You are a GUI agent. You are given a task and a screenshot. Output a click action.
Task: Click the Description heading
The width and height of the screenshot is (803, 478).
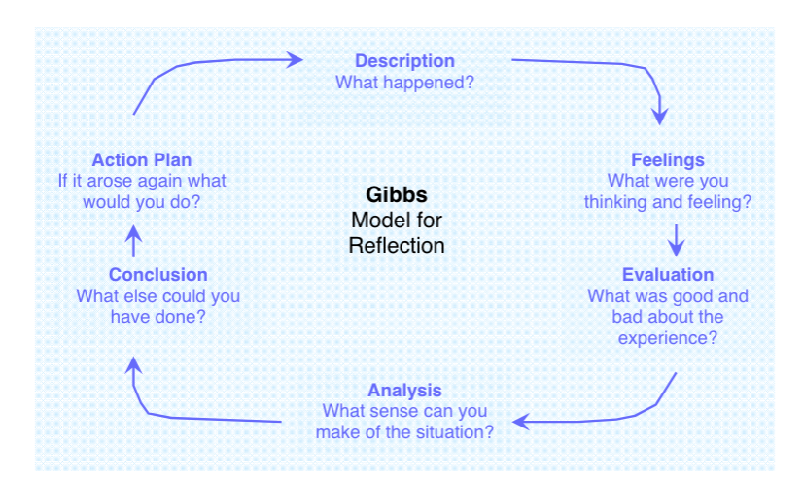click(404, 61)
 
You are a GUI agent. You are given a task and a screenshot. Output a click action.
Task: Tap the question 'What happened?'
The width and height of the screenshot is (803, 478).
click(404, 83)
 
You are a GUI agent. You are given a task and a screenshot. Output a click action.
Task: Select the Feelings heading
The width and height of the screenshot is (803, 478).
click(667, 159)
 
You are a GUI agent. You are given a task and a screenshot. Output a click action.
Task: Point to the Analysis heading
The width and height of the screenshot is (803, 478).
click(403, 391)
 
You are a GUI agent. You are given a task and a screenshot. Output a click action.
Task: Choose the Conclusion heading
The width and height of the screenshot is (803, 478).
click(157, 275)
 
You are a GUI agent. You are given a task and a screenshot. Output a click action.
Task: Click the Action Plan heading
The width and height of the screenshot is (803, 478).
click(142, 159)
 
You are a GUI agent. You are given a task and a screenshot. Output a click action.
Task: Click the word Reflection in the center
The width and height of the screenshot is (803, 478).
click(397, 245)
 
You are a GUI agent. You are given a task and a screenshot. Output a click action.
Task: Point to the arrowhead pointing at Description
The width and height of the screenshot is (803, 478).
click(295, 59)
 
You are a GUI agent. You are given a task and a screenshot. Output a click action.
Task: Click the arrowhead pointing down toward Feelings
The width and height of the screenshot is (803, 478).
click(660, 116)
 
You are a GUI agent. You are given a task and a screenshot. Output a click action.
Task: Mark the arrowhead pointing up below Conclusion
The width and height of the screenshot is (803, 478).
click(134, 363)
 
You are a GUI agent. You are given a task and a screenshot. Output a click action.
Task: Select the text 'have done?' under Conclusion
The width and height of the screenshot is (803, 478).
click(157, 317)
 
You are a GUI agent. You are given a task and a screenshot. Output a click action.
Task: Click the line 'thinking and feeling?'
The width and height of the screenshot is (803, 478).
click(667, 202)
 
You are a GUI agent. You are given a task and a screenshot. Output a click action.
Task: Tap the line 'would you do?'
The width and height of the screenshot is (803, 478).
click(142, 202)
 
